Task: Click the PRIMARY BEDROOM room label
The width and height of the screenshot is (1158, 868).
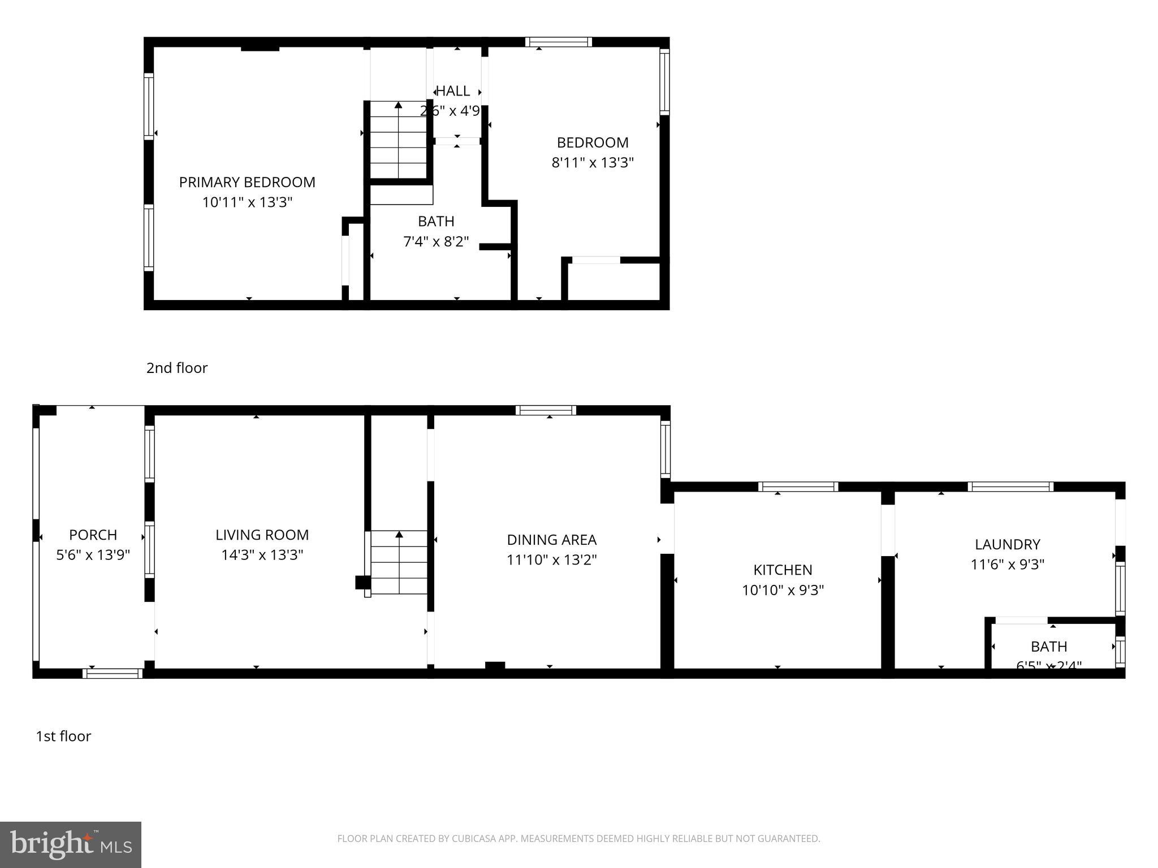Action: click(247, 182)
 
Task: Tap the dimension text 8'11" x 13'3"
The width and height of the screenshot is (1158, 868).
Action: click(593, 163)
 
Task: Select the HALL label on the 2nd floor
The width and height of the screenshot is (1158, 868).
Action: click(453, 91)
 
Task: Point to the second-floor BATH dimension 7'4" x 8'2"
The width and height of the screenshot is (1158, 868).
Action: click(436, 242)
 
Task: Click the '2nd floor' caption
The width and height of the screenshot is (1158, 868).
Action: click(177, 368)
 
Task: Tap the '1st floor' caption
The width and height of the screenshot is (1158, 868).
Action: click(63, 736)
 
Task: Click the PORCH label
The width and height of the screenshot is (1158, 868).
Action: click(93, 535)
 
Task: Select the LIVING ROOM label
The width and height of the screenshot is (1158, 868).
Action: click(262, 535)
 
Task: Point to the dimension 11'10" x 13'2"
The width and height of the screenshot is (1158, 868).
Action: click(552, 560)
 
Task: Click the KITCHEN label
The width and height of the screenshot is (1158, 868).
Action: click(783, 570)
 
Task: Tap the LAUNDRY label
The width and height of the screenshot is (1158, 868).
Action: click(1007, 544)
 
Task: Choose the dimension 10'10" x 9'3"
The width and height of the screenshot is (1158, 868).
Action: click(783, 591)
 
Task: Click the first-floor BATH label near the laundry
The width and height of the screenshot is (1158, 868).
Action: click(1049, 646)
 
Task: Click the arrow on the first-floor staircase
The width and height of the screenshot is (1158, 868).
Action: click(399, 535)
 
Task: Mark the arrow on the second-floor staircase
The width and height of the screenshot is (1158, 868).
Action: click(399, 105)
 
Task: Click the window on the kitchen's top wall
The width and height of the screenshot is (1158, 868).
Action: click(798, 487)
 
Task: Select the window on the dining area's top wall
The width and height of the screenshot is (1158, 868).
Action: click(546, 410)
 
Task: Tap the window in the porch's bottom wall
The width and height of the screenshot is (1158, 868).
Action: click(113, 673)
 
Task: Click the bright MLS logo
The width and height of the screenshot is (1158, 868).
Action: click(71, 844)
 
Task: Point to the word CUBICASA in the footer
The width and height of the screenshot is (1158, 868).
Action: click(473, 839)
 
